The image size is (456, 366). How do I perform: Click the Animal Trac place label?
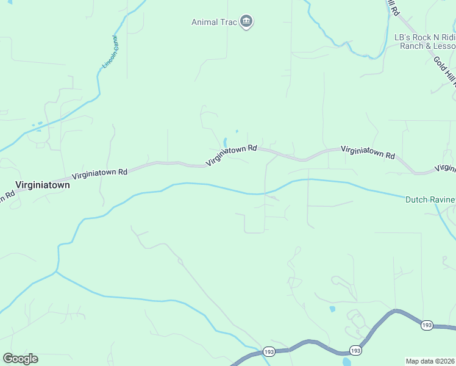point(213,23)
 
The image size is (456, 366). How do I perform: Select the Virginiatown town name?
point(43,184)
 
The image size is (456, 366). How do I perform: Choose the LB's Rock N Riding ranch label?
point(425,38)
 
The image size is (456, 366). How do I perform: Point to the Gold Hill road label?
point(445,70)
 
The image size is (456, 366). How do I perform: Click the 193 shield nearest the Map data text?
point(427,326)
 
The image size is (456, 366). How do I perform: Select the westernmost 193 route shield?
point(269,351)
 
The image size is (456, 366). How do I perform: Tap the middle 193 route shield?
point(355,350)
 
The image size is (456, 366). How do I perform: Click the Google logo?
point(20,359)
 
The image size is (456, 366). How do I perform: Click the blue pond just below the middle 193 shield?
point(347,362)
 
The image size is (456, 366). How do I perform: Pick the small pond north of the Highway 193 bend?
point(332,309)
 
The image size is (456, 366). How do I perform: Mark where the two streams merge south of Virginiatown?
point(57,271)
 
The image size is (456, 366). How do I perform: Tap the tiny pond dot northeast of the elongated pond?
point(237,131)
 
